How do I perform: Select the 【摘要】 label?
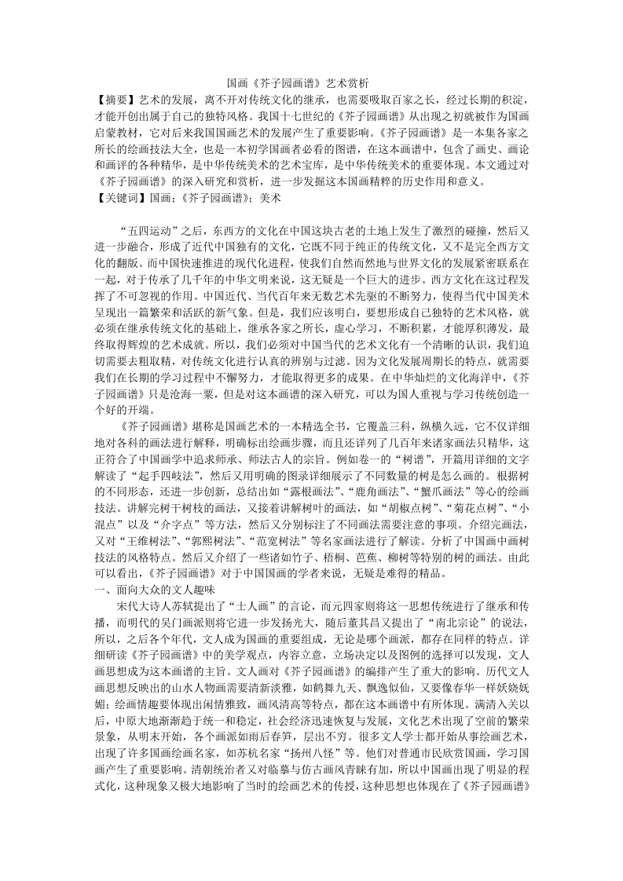tap(113, 101)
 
